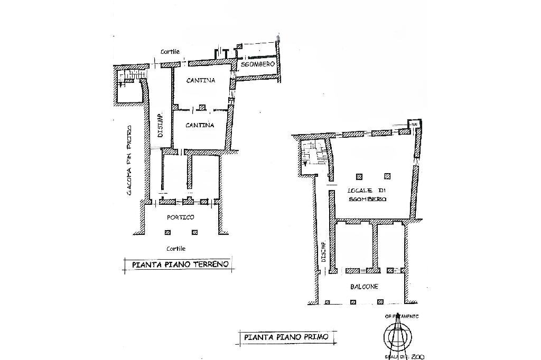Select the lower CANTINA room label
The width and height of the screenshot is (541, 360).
point(200,126)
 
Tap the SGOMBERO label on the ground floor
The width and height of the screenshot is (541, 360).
point(257,64)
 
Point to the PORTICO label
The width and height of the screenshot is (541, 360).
point(181,217)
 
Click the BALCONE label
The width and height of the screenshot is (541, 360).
point(363,287)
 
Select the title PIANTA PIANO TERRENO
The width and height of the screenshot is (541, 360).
point(180,264)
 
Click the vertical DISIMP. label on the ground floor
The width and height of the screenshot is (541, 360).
point(160,126)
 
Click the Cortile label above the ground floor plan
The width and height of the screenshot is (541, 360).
point(170,52)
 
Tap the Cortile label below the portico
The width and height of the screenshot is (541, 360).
point(176,248)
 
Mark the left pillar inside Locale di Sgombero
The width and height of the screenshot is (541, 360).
point(359,176)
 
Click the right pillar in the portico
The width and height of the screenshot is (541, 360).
point(194,232)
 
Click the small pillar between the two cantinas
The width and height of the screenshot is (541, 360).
point(201,107)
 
